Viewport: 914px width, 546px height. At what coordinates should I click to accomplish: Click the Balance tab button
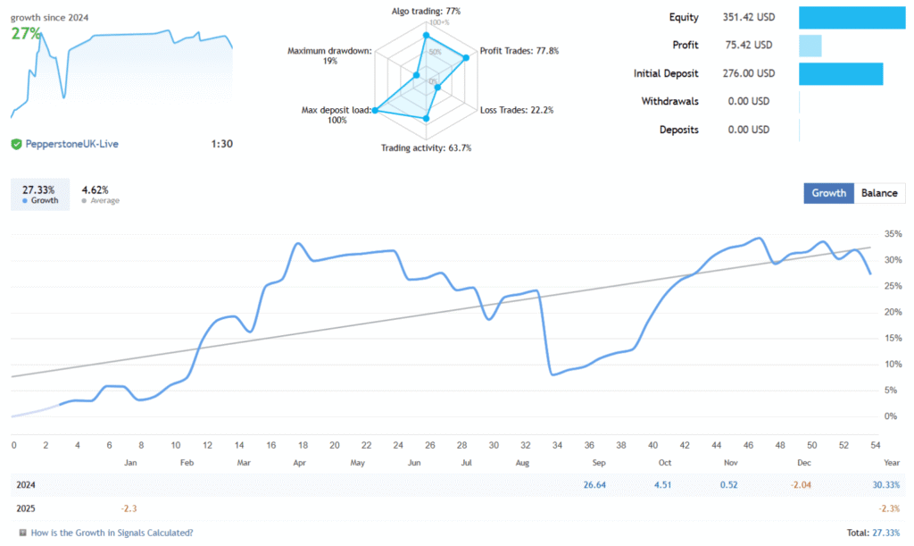879,193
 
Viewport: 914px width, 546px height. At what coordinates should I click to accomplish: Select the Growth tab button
828,193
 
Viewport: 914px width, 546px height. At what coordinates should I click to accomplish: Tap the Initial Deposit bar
840,73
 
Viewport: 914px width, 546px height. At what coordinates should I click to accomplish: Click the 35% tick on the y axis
892,234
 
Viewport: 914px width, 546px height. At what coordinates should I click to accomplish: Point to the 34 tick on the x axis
558,445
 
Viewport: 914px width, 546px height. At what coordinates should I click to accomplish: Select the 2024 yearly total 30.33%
887,484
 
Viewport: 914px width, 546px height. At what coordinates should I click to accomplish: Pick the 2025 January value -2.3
130,508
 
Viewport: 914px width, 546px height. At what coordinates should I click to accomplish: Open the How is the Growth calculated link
112,533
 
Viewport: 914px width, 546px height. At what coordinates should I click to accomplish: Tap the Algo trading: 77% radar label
425,11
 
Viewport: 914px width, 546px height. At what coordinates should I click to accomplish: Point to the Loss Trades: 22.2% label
517,111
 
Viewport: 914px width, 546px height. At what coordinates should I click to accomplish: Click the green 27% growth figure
27,33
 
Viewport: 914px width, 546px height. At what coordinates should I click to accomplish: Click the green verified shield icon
16,143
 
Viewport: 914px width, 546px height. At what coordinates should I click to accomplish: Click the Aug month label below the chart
523,463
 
